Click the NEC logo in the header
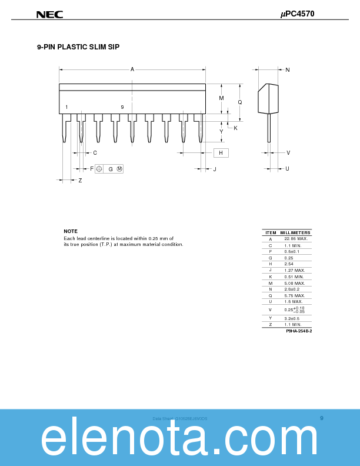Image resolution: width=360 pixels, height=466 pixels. (49, 14)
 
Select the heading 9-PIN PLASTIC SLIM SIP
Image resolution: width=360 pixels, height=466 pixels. (78, 46)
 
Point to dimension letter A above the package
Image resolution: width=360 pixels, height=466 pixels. (132, 69)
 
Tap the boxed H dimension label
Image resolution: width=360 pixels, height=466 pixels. (221, 153)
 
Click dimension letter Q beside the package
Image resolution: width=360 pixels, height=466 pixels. (239, 102)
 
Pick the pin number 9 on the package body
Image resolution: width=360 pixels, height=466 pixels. (122, 107)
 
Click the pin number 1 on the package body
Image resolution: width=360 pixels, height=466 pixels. (66, 107)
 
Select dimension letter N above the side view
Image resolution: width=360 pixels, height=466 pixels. (287, 70)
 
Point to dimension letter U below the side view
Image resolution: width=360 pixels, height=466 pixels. (287, 169)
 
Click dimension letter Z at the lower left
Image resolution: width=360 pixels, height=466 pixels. (80, 180)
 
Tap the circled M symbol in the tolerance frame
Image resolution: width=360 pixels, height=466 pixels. (119, 169)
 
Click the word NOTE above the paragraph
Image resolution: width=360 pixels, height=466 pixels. (71, 231)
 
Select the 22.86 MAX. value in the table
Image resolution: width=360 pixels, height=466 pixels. (295, 239)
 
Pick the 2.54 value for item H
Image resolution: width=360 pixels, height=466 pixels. (289, 264)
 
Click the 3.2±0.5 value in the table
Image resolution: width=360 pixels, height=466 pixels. (292, 318)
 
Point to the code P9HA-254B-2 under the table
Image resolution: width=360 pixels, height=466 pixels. (299, 331)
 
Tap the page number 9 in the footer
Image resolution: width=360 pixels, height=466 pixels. (322, 418)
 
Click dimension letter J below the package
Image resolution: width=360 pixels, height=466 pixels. (215, 169)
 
